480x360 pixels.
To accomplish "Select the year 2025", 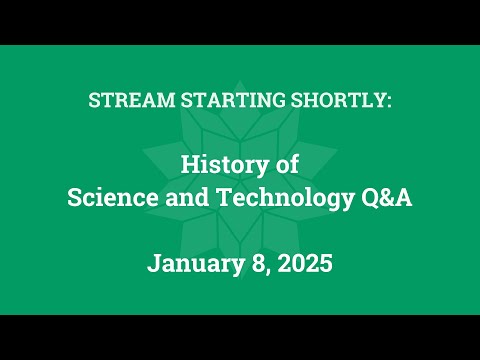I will click(303, 265).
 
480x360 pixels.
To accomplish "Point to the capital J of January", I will click(153, 265).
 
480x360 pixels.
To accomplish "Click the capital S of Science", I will click(72, 197).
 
